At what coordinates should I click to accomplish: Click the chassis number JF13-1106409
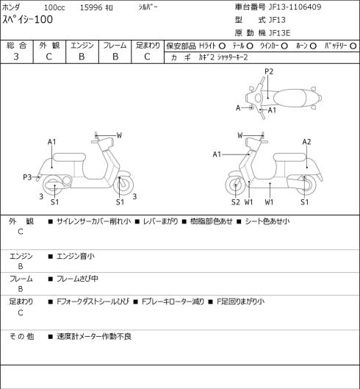point(295,7)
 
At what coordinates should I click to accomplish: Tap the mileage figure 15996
point(91,7)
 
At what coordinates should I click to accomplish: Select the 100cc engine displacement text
point(54,7)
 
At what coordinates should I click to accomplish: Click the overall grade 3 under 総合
point(16,57)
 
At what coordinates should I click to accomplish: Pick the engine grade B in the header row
point(82,57)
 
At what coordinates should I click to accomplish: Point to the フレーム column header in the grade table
point(115,46)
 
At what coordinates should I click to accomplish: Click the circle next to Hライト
point(222,46)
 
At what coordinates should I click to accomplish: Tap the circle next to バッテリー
point(353,46)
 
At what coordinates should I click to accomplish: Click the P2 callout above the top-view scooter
point(269,71)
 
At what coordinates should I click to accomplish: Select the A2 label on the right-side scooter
point(306,142)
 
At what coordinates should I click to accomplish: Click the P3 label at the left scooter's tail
point(27,177)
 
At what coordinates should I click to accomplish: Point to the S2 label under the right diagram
point(236,202)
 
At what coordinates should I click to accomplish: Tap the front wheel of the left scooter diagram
point(123,185)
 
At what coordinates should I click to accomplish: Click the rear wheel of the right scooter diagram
point(306,185)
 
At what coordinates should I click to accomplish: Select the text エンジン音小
point(76,256)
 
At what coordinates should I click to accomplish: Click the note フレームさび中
point(77,279)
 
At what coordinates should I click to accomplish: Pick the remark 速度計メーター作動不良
point(94,336)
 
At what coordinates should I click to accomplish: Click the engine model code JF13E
point(279,33)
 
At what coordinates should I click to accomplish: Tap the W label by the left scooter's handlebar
point(119,135)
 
